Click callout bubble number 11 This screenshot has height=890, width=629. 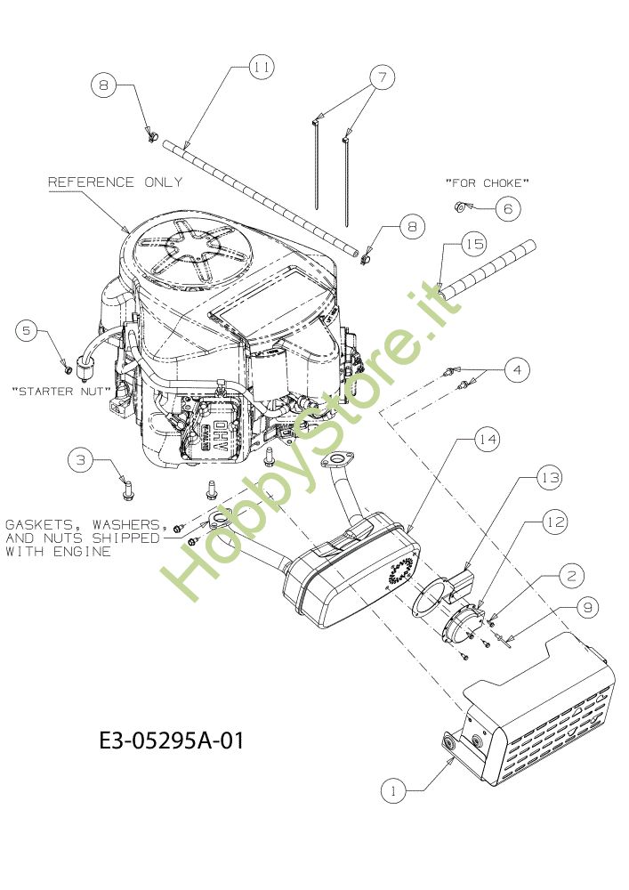pos(261,67)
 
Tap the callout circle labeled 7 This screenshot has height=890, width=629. pos(383,77)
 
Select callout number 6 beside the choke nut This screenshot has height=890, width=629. pos(508,208)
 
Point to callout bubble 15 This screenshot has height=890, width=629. pos(474,244)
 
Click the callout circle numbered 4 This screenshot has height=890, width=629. pos(517,370)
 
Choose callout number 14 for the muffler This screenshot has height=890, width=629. pos(488,440)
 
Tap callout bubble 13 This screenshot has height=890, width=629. pos(550,478)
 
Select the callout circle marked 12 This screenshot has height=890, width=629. pos(554,522)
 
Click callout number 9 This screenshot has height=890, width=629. pos(587,608)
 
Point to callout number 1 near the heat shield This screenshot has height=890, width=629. pos(393,790)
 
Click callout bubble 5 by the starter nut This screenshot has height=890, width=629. pos(27,330)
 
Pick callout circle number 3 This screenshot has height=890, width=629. pos(81,459)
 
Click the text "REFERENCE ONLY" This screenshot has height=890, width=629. pos(115,182)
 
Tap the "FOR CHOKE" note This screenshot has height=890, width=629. pos(488,182)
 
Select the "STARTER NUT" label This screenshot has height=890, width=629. pos(60,391)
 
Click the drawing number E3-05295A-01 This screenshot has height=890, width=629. pos(172,740)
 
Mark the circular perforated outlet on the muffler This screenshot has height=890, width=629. pos(401,573)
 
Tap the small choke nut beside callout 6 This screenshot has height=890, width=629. pos(461,206)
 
